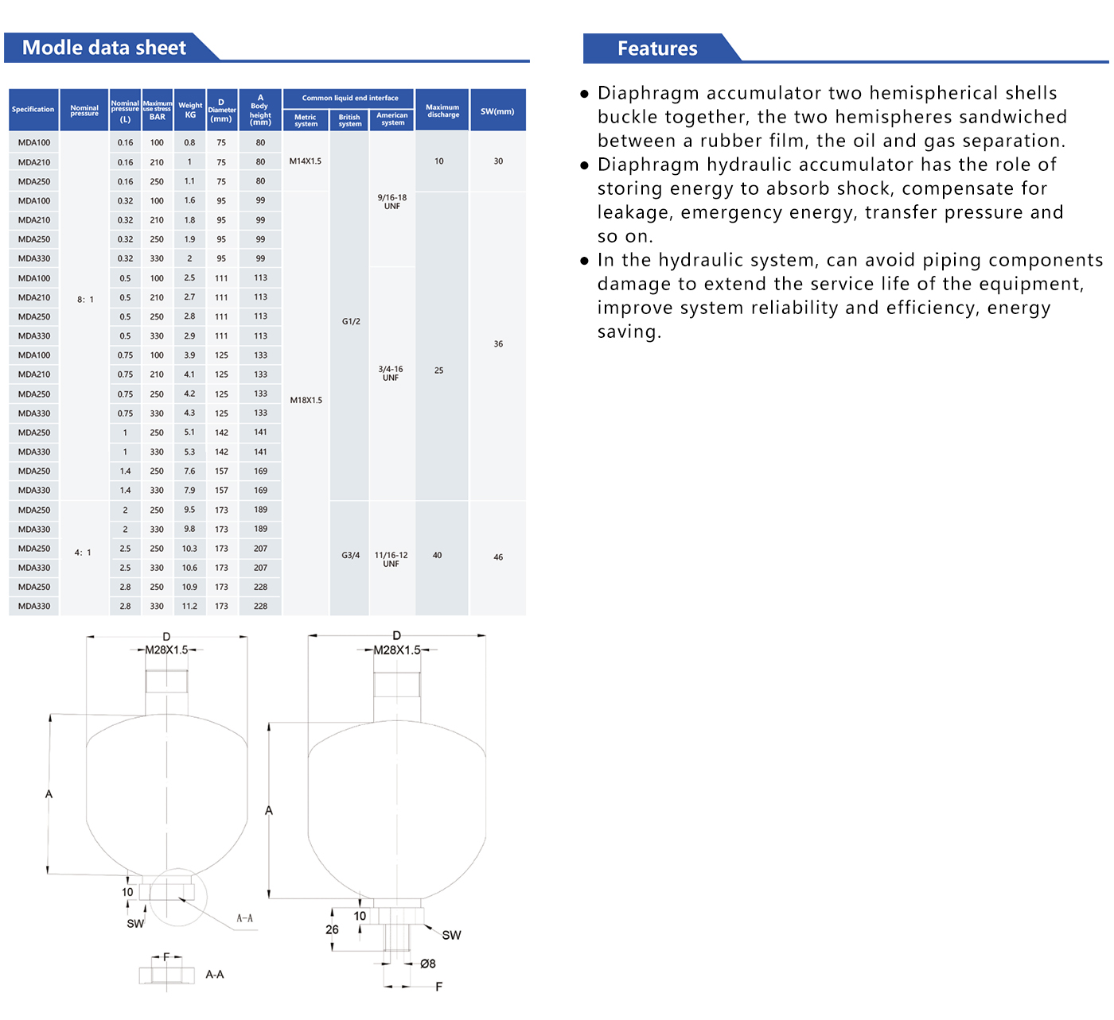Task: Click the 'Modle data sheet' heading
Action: (x=104, y=48)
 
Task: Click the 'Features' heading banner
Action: (x=657, y=48)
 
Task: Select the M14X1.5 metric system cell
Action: (x=306, y=161)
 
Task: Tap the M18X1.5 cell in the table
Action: (x=306, y=400)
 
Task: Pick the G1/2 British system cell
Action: (x=351, y=321)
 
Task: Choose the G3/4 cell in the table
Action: (x=351, y=555)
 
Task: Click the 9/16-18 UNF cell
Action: (x=391, y=201)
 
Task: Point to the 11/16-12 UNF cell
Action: (x=391, y=559)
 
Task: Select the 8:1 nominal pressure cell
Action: (x=85, y=300)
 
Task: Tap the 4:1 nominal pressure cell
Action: (x=83, y=553)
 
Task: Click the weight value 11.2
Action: (x=189, y=606)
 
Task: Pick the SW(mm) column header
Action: (x=497, y=111)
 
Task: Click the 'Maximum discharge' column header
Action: (x=442, y=111)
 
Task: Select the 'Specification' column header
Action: (x=33, y=110)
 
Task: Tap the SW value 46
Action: (x=498, y=557)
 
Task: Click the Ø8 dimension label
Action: (x=428, y=964)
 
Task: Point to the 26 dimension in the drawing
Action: (x=332, y=929)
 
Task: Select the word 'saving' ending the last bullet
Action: (x=628, y=332)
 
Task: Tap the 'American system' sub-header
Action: (x=392, y=118)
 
